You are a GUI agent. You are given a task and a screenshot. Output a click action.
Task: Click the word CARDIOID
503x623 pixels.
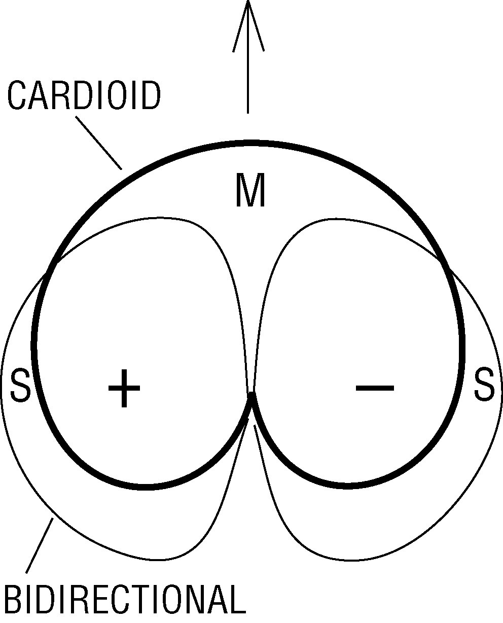point(84,96)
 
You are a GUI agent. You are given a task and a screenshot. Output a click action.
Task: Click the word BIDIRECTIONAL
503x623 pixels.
point(124,601)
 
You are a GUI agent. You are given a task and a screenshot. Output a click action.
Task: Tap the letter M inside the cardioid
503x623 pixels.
point(250,191)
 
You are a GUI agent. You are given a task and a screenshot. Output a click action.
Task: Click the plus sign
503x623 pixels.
point(124,389)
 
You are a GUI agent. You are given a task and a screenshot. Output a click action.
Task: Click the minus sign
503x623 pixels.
point(375,388)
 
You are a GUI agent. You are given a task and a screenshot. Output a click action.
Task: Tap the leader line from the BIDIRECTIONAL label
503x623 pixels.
point(40,545)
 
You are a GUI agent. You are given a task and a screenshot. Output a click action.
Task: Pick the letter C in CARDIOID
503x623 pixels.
point(17,96)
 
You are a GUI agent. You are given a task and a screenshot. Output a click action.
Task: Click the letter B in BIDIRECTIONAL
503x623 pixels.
point(14,601)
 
